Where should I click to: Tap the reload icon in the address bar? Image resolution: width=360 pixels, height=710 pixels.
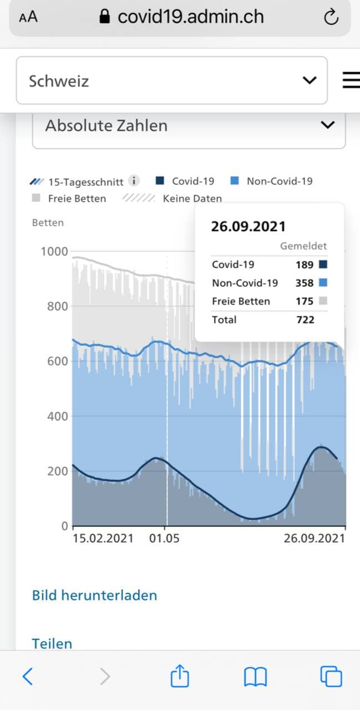tap(331, 18)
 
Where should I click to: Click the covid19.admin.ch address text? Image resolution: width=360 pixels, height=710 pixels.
tap(190, 17)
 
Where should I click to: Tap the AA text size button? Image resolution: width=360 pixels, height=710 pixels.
tap(28, 18)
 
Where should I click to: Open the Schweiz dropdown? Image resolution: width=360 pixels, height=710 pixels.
tap(171, 81)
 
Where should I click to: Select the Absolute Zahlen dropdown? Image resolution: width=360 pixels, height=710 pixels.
tap(189, 126)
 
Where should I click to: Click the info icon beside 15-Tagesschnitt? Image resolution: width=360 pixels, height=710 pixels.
tap(134, 181)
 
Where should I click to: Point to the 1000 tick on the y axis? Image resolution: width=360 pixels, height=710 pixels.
tap(54, 252)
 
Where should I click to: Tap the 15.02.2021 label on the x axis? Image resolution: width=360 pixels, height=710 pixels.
tap(103, 538)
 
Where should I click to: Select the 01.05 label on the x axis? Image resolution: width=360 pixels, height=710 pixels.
tap(165, 538)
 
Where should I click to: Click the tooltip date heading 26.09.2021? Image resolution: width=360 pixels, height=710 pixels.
tap(249, 226)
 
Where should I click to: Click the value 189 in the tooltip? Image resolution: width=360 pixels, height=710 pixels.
tap(305, 265)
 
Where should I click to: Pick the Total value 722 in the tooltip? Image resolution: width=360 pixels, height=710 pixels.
tap(305, 319)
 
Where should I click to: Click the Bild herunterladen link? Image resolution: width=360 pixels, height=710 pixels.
tap(94, 595)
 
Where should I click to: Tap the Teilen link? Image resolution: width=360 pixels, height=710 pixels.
tap(52, 643)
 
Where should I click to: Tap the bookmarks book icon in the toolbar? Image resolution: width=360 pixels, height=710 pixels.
tap(255, 677)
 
